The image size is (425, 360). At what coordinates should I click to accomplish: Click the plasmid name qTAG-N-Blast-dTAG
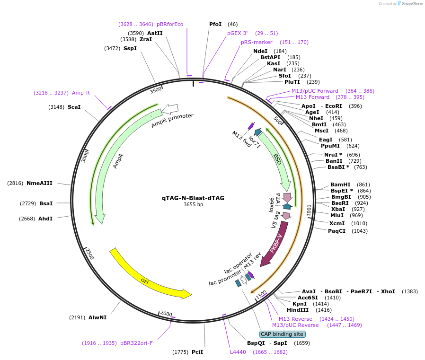tap(193, 198)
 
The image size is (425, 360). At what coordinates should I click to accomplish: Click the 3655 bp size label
tap(193, 205)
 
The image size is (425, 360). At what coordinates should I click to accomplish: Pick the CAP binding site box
tap(279, 334)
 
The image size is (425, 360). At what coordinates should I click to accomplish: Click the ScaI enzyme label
tap(74, 107)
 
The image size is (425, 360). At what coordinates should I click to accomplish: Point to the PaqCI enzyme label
tap(336, 231)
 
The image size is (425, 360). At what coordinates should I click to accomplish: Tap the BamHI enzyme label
tap(340, 184)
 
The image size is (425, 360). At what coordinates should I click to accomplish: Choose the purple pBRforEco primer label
tap(170, 24)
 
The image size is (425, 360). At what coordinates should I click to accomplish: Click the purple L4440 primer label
tap(238, 352)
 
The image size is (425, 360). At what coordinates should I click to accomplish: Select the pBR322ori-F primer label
tap(136, 343)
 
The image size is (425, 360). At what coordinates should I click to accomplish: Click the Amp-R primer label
tap(80, 93)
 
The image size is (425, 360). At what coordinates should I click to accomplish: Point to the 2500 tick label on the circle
tap(89, 254)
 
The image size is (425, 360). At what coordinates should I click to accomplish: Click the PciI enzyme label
tap(197, 352)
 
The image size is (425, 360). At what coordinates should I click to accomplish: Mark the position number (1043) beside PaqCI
tap(359, 231)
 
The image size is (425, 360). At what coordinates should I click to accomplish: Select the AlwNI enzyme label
tap(97, 317)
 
